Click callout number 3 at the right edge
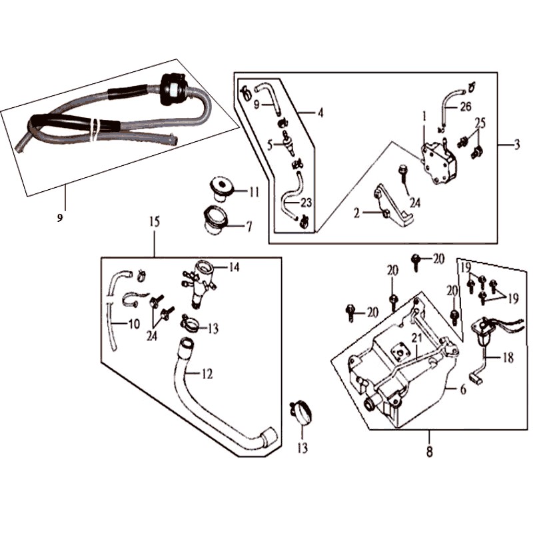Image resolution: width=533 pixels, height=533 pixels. [x=516, y=146]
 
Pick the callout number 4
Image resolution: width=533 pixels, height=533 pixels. [x=320, y=113]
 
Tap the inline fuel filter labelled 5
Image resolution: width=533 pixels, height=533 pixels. [x=289, y=143]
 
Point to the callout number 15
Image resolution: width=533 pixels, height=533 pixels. [x=155, y=223]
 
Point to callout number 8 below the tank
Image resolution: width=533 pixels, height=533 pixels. [x=429, y=453]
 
